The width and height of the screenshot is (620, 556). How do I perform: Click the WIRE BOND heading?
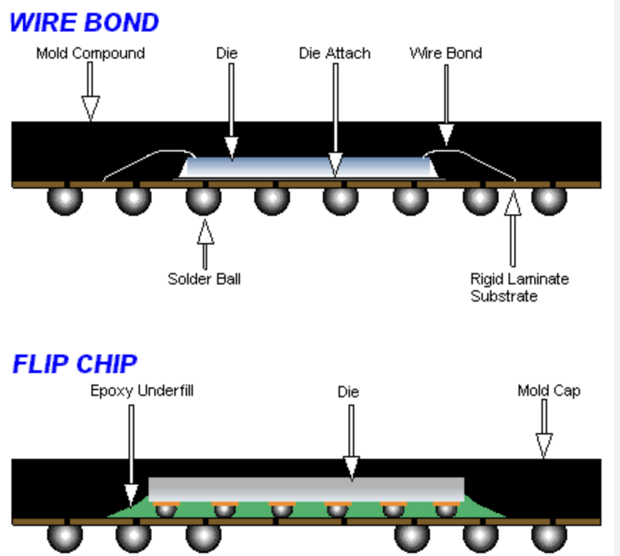pyautogui.click(x=84, y=22)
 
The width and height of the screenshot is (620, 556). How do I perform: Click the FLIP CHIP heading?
pyautogui.click(x=74, y=364)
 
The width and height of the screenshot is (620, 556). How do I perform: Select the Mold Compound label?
pyautogui.click(x=90, y=53)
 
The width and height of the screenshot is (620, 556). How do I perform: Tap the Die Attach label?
pyautogui.click(x=334, y=53)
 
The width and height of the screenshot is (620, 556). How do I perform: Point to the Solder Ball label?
pyautogui.click(x=204, y=278)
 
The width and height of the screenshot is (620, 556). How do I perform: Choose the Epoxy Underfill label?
pyautogui.click(x=141, y=391)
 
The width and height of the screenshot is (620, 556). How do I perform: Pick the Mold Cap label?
pyautogui.click(x=549, y=391)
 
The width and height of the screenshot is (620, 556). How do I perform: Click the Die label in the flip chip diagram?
pyautogui.click(x=348, y=392)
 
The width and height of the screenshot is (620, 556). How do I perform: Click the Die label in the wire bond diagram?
pyautogui.click(x=226, y=53)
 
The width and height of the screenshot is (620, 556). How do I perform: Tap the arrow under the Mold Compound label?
pyautogui.click(x=89, y=91)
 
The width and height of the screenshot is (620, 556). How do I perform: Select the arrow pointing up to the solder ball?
pyautogui.click(x=205, y=242)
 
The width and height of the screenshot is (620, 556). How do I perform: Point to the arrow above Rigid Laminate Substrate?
pyautogui.click(x=511, y=229)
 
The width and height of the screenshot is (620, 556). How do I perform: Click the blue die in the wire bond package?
pyautogui.click(x=307, y=167)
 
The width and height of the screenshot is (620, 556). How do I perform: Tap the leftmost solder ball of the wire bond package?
pyautogui.click(x=65, y=199)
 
